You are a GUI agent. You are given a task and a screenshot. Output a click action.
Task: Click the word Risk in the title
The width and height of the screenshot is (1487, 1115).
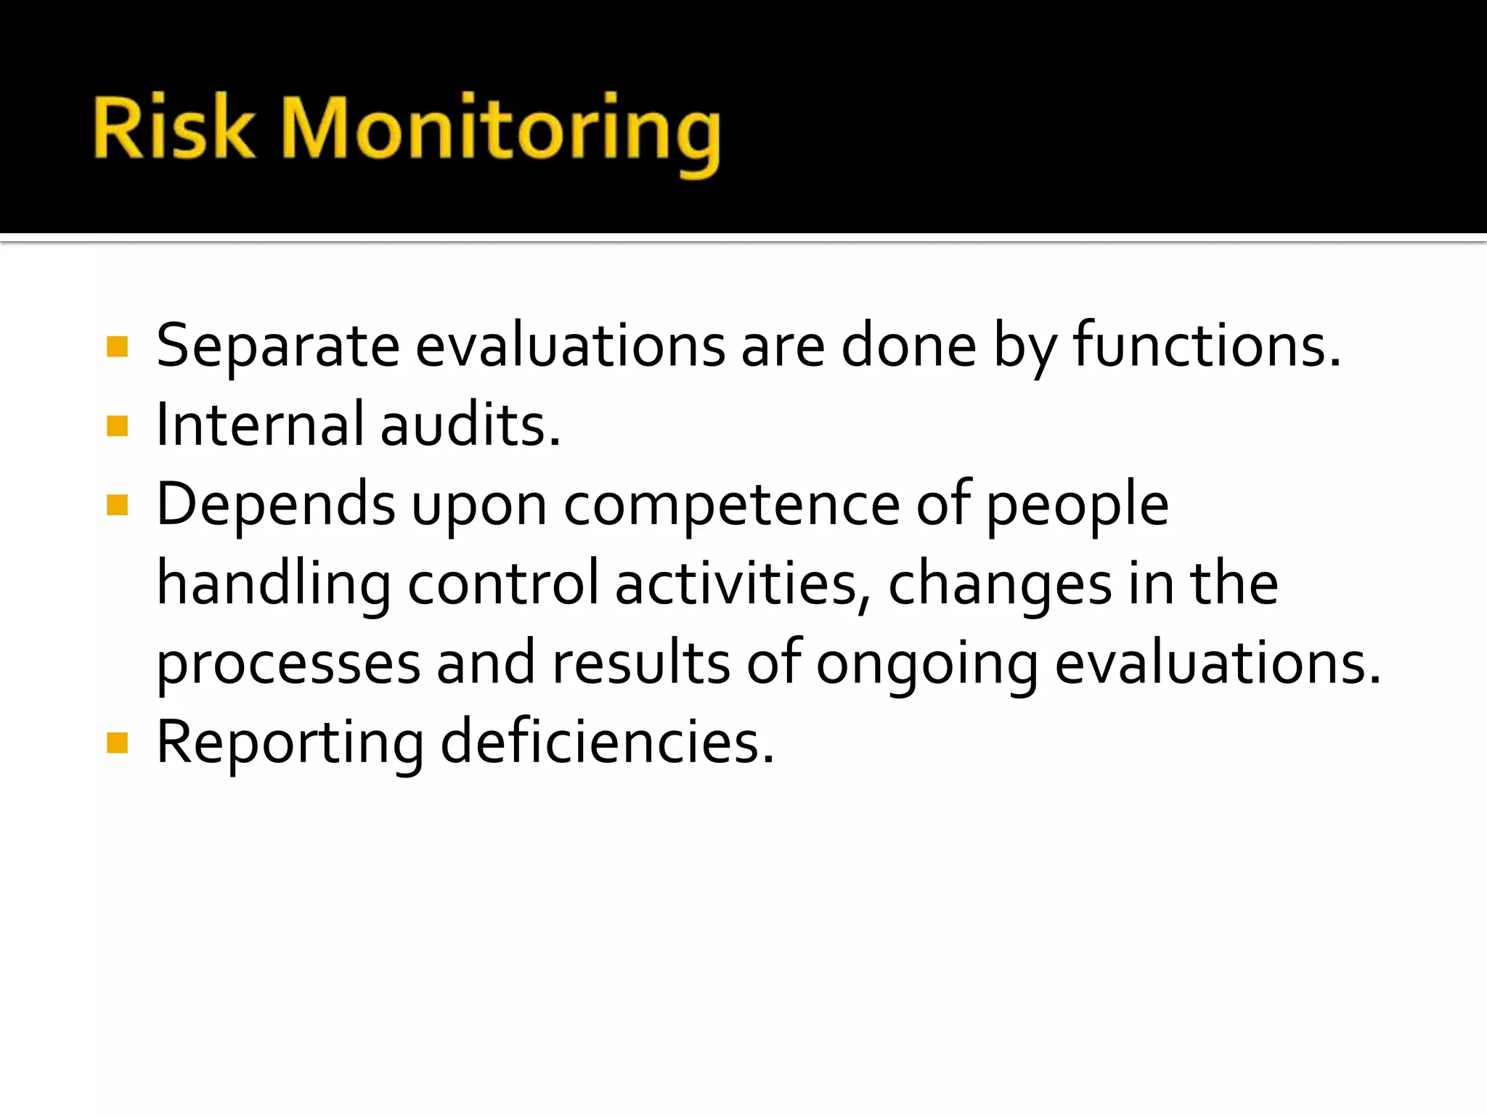coord(174,129)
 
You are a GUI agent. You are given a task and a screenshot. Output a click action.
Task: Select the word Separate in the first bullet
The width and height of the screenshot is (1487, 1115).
coord(277,347)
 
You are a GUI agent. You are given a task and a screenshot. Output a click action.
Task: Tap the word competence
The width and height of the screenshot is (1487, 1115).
coord(732,506)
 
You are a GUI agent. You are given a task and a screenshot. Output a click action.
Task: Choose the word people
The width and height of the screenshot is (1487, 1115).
coord(1077,506)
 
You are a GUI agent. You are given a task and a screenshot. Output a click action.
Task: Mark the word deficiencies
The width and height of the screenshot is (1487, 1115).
coord(607,743)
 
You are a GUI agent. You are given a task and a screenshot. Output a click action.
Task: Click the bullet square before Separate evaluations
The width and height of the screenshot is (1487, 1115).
coord(117,347)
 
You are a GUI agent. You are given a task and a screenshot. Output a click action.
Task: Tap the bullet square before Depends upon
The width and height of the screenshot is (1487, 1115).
coord(117,505)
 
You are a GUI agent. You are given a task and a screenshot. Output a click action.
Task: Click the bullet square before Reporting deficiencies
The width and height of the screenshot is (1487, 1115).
coord(117,743)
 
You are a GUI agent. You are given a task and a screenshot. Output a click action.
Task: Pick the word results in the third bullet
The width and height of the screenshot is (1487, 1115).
coord(641,664)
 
